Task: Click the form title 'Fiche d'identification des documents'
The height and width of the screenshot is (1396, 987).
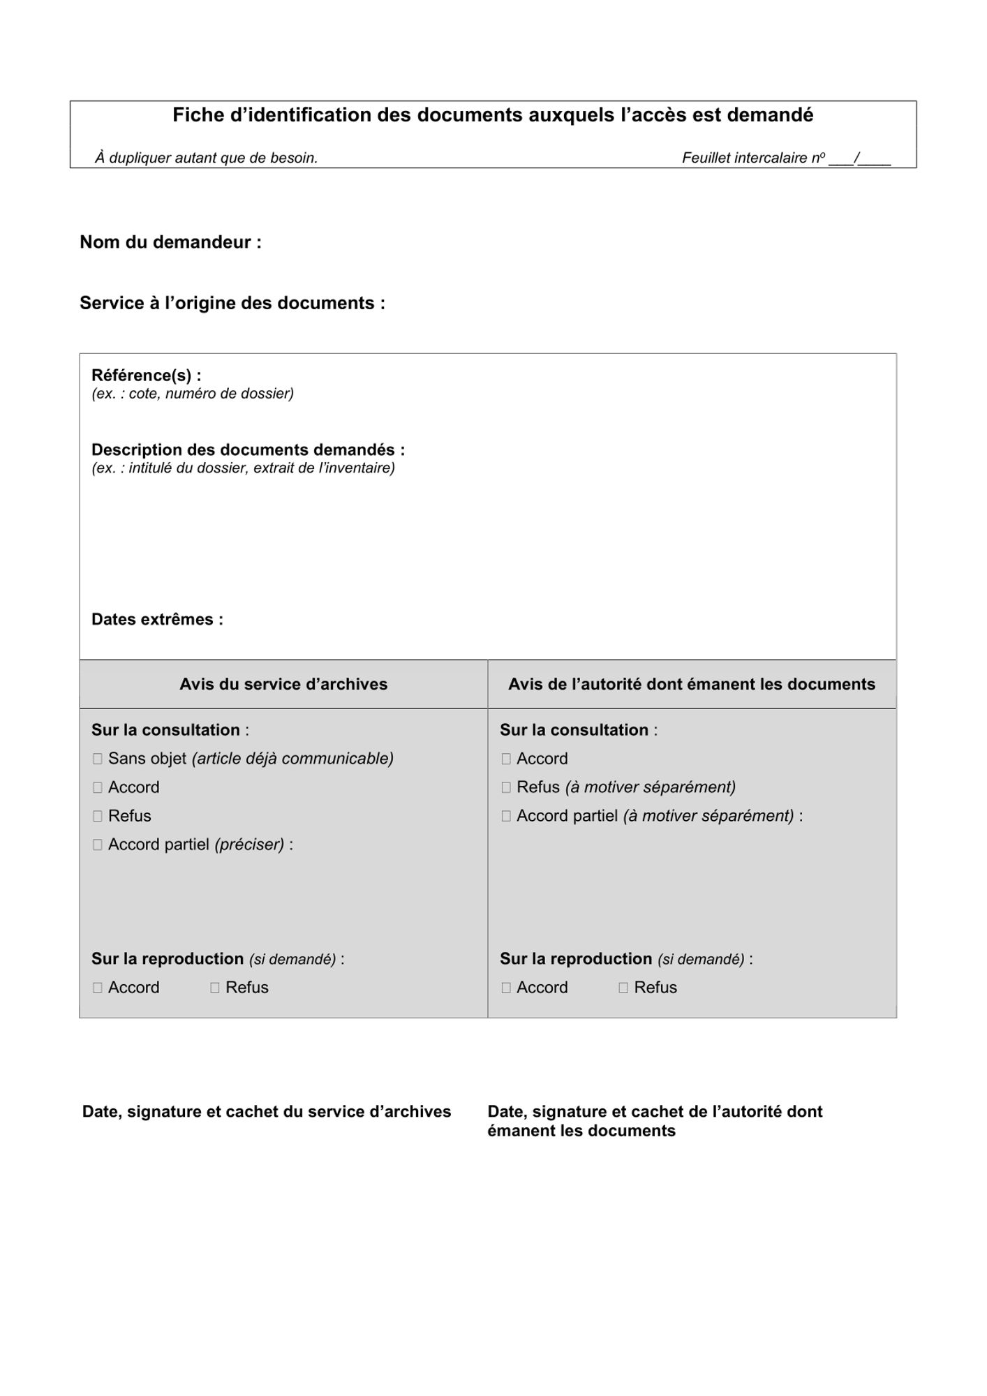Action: pos(493,115)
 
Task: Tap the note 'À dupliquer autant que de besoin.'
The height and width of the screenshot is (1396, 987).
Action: pos(206,158)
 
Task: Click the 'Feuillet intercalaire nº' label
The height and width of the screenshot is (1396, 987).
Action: pos(753,158)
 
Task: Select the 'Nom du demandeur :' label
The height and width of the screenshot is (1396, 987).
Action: pos(170,242)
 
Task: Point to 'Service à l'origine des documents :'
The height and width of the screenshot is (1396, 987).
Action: pos(232,304)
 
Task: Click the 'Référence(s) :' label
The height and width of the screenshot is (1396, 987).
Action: pos(146,376)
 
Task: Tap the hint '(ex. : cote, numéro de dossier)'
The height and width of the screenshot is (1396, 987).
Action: pos(192,394)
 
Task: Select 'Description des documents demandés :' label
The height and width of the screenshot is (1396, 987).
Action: pos(248,450)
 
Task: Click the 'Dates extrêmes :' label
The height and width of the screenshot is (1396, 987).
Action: pos(157,620)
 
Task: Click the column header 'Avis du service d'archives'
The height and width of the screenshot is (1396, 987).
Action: pos(283,684)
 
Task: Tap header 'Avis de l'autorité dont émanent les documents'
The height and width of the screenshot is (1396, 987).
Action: pos(691,684)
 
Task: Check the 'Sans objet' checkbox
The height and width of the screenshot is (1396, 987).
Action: pos(98,759)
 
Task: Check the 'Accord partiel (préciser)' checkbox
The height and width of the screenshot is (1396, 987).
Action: pos(98,845)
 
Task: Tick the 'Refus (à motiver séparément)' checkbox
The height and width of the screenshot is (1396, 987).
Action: pos(506,787)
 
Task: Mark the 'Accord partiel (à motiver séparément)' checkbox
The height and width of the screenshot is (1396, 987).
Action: pos(506,816)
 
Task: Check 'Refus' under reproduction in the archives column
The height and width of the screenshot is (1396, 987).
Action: pos(215,988)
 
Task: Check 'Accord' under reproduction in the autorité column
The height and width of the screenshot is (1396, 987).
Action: pos(506,988)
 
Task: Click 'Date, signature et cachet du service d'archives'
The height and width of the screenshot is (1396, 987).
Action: pos(267,1112)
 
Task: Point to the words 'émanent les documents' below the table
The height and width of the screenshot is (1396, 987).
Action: pos(581,1131)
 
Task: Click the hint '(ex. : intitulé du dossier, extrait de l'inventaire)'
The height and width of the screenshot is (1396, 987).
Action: pos(243,468)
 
